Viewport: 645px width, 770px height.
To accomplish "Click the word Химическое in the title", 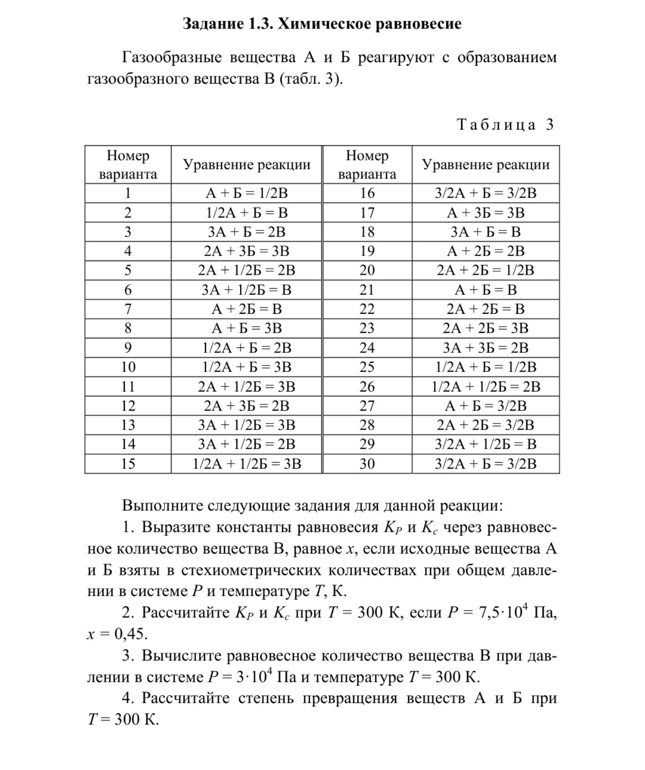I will tap(322, 24).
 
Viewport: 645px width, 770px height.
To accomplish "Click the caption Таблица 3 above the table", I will tap(506, 124).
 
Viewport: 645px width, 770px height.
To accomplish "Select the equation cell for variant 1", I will tap(247, 193).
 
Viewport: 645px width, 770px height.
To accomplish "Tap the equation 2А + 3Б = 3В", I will tap(247, 251).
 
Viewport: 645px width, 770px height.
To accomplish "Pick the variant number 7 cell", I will tap(128, 309).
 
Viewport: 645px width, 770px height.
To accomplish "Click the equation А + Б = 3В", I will tap(247, 328).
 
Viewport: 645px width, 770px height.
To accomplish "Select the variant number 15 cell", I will tap(128, 464).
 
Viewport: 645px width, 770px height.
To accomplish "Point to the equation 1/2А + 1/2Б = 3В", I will tap(247, 464).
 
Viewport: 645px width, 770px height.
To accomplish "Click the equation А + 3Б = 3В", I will tap(486, 213).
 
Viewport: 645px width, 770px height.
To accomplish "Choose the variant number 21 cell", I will tap(367, 290).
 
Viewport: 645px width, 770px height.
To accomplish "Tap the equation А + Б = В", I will tap(486, 290).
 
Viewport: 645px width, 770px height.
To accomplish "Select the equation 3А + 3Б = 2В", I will tap(486, 348).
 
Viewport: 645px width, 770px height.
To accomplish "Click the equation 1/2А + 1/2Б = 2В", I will tap(486, 387).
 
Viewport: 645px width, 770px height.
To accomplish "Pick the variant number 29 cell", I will tap(367, 444).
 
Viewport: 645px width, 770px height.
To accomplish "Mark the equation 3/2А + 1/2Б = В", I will tap(486, 444).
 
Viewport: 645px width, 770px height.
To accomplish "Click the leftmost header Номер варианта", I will tap(128, 165).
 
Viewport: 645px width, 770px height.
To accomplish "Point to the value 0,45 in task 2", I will tap(130, 634).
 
